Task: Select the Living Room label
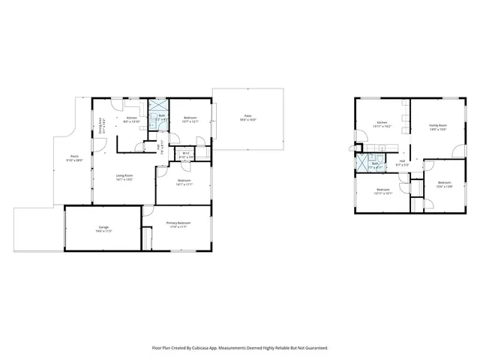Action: (124, 176)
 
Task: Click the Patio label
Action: (247, 115)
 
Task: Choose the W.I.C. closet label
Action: (185, 153)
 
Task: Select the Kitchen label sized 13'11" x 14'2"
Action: (382, 122)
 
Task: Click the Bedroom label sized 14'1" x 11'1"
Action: (184, 181)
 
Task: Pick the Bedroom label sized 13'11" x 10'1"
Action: (382, 189)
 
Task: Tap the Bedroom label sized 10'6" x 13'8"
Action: (444, 182)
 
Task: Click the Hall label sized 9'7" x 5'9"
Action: (403, 160)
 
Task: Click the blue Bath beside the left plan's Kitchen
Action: (159, 115)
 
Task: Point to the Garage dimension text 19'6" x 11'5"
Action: (103, 231)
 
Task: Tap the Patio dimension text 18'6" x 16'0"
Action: (247, 120)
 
